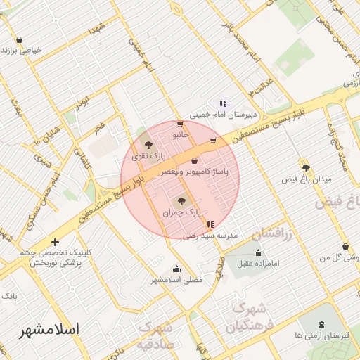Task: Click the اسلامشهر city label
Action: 49,329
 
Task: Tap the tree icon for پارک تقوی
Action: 148,144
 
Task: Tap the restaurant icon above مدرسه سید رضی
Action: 210,225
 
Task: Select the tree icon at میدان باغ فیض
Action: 306,168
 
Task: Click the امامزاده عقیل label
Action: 259,264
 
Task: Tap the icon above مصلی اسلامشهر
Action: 176,269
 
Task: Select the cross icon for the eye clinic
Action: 56,243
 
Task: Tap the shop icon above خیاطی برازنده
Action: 19,39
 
